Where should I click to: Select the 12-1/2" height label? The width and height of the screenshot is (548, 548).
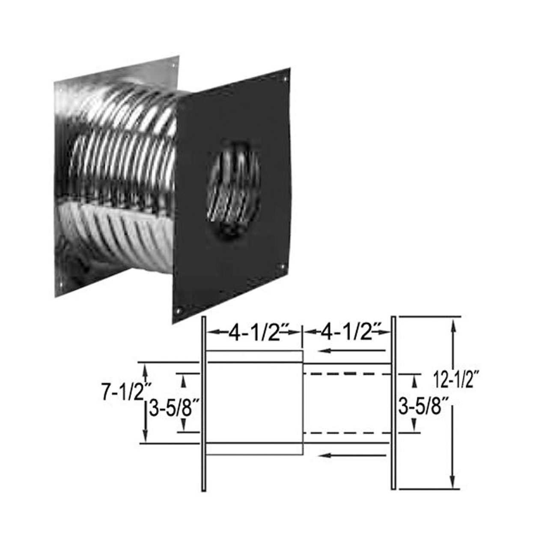[x=455, y=381]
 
